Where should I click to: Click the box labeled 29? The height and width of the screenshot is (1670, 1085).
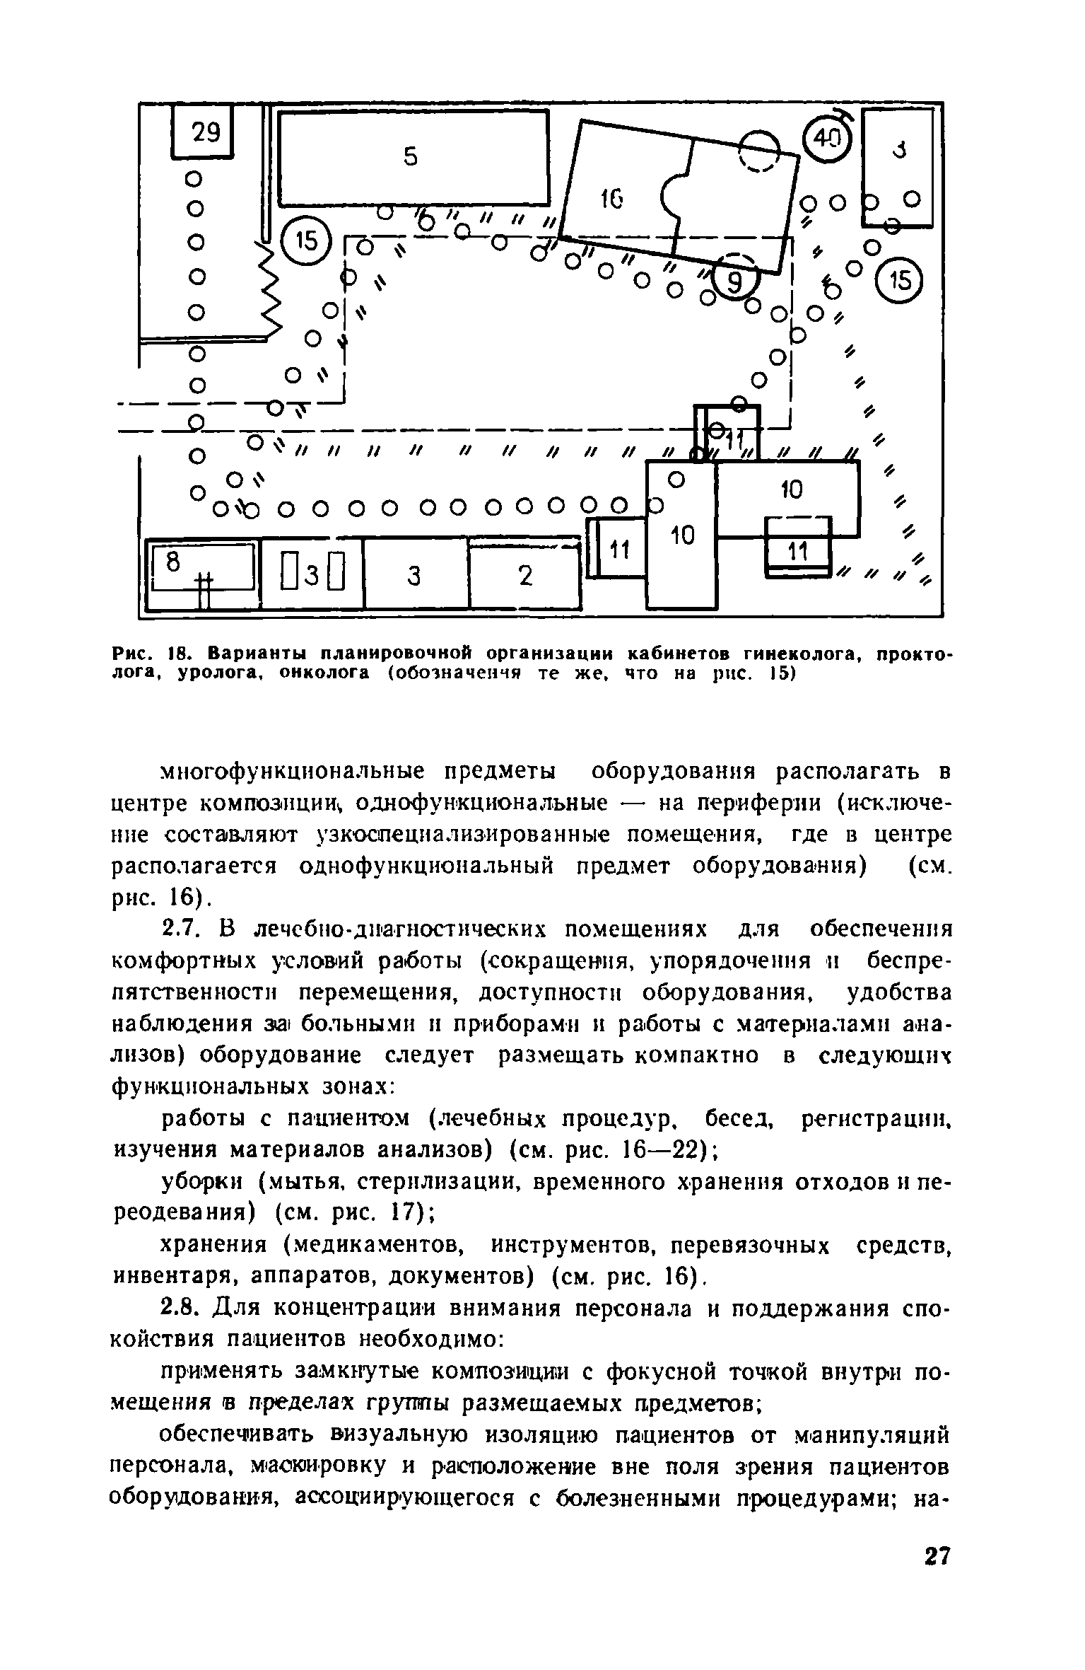pos(203,132)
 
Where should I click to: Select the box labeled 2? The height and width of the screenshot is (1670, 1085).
pos(524,576)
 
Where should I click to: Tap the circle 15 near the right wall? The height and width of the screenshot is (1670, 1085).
pos(899,280)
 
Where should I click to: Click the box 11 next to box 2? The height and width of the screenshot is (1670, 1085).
pos(620,549)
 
